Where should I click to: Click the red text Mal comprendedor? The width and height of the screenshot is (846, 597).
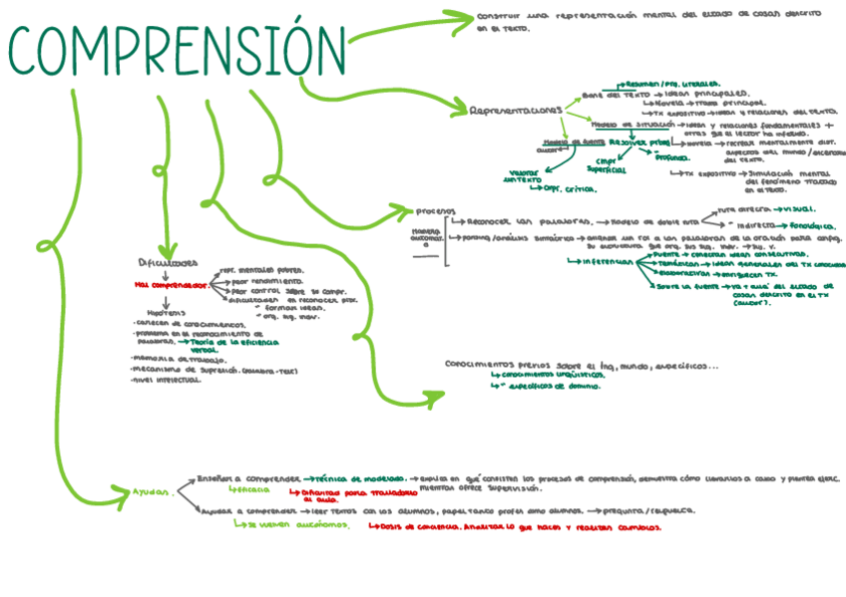(171, 285)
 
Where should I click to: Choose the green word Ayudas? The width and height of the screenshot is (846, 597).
(153, 490)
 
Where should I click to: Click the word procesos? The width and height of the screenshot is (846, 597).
(435, 211)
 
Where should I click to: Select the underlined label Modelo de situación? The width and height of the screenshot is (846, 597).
(627, 125)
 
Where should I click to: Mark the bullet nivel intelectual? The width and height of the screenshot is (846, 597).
(171, 379)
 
